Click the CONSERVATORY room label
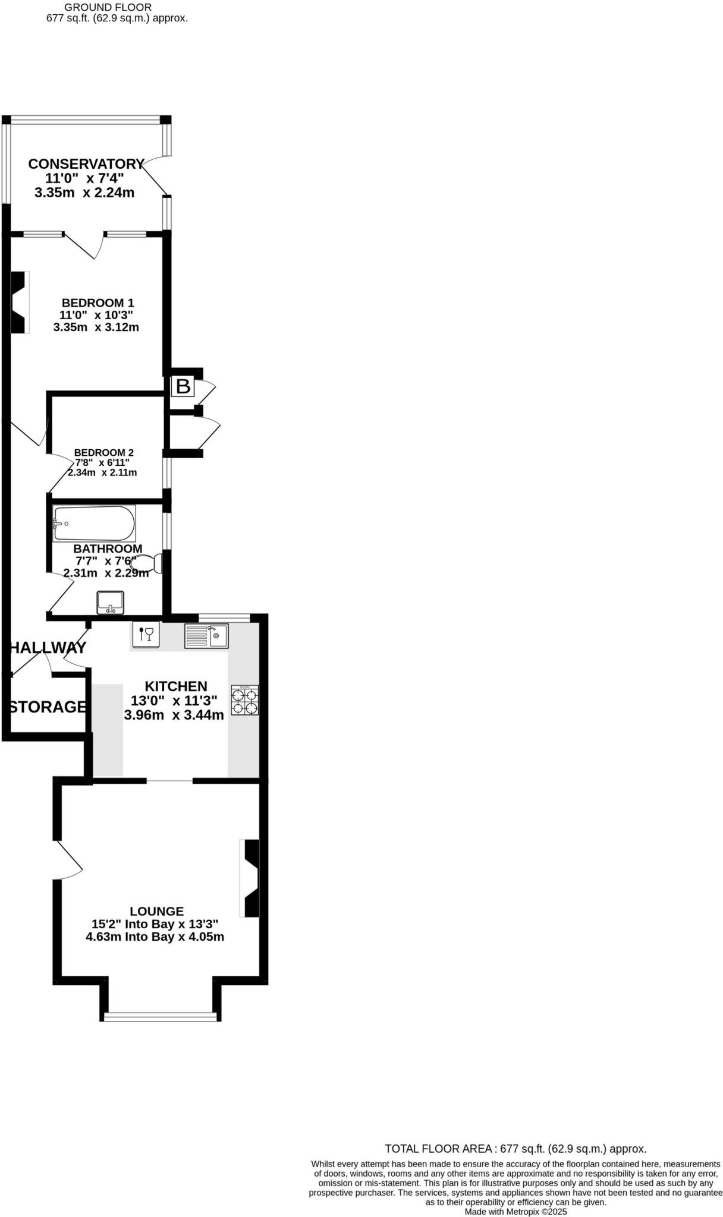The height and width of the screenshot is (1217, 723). click(x=86, y=164)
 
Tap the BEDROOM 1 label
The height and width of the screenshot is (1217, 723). click(x=98, y=303)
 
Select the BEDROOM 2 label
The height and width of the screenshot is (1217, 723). click(x=103, y=453)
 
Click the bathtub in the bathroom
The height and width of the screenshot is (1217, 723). click(x=94, y=523)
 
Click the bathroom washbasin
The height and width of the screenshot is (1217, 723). click(x=110, y=603)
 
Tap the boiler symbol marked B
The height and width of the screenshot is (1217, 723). click(x=183, y=387)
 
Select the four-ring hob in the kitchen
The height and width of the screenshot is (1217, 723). click(x=245, y=700)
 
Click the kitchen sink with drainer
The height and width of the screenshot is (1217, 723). click(x=206, y=636)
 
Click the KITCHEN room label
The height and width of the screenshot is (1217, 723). click(x=176, y=686)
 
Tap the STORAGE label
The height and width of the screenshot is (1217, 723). click(x=48, y=707)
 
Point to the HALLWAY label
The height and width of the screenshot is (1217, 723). click(x=48, y=648)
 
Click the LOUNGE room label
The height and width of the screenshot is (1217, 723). click(x=157, y=911)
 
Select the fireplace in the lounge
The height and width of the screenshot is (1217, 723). click(x=250, y=878)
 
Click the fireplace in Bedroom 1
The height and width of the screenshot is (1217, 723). click(x=20, y=302)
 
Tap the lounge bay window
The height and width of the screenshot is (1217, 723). click(x=161, y=1017)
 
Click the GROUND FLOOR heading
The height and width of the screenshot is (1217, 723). click(x=108, y=7)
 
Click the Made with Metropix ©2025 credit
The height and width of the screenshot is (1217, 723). click(x=515, y=1212)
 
